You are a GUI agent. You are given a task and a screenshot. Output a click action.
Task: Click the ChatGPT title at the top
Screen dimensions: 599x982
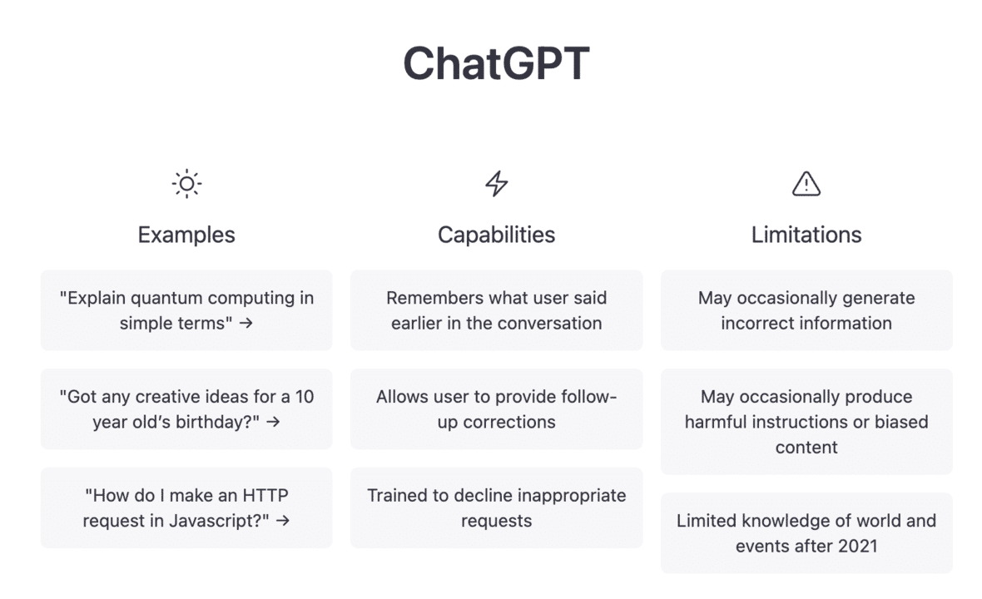coord(496,63)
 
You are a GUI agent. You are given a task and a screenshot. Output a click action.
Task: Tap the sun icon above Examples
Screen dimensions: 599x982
coord(186,184)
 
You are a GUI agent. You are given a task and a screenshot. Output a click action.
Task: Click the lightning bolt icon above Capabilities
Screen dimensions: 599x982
coord(497,184)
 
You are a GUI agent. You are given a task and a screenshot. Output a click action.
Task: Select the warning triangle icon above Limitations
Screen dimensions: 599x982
coord(806,184)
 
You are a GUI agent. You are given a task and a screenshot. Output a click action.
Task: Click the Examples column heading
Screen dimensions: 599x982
coord(186,235)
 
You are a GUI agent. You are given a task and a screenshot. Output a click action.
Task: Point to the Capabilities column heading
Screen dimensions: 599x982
coord(497,235)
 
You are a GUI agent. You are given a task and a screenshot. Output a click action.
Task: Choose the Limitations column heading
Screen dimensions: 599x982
coord(806,235)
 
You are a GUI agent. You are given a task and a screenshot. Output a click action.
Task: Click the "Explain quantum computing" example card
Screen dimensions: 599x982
coord(186,310)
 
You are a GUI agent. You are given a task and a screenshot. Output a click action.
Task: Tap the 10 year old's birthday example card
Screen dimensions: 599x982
coord(186,409)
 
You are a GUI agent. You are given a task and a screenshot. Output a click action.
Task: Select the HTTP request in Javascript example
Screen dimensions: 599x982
coord(186,507)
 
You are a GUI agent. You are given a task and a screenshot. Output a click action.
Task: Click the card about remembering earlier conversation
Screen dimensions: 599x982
coord(497,310)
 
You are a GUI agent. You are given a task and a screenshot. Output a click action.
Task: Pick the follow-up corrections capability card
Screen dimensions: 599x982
coord(497,409)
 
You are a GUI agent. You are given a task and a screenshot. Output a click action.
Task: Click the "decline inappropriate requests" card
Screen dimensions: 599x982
coord(497,507)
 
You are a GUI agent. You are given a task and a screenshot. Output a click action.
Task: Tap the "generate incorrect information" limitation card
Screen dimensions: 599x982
coord(806,310)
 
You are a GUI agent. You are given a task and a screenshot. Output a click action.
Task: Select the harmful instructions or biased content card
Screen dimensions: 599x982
coord(806,422)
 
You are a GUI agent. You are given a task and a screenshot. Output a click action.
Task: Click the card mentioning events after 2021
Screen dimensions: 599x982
coord(806,533)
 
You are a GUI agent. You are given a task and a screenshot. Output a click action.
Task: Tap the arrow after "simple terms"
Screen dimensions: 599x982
coord(245,324)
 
